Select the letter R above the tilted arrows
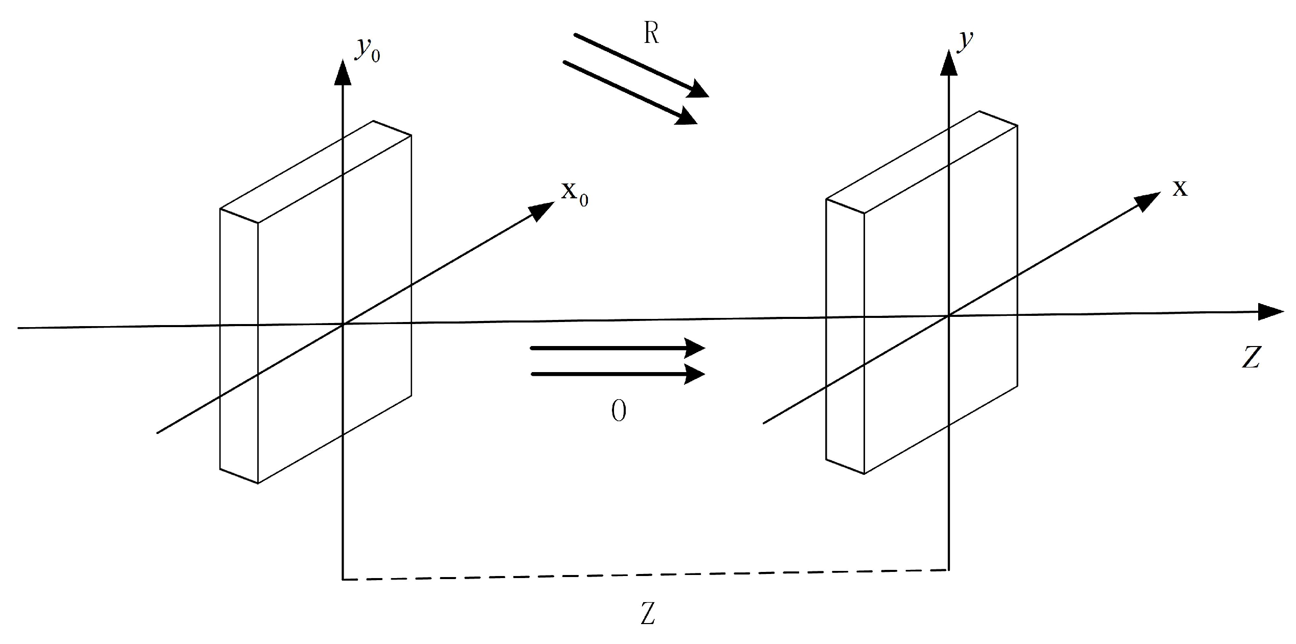pos(651,34)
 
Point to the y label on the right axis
pos(965,41)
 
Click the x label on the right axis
pos(1179,189)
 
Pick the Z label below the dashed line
pos(648,614)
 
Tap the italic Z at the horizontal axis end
pos(1251,357)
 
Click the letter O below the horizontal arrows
pos(619,411)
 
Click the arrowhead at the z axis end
pos(1270,312)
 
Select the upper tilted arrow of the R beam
pos(639,64)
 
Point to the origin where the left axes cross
pos(343,324)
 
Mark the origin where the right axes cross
pos(949,316)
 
